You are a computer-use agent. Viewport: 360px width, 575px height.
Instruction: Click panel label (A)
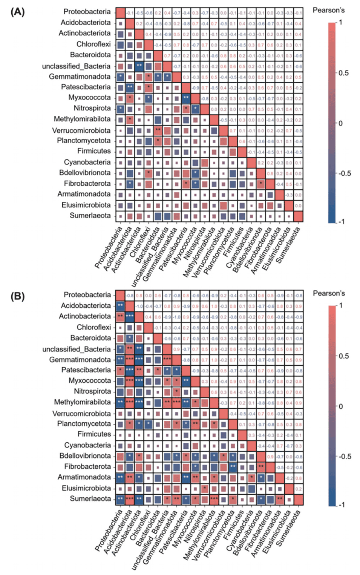(x=18, y=12)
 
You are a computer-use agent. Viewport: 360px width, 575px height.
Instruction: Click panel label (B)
(x=18, y=296)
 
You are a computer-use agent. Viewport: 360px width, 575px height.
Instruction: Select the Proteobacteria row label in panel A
(x=87, y=12)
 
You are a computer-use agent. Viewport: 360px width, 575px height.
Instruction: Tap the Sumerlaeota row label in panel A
(x=90, y=216)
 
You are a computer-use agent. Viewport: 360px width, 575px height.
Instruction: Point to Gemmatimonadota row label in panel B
(x=80, y=359)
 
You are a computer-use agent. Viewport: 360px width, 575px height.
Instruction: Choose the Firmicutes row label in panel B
(x=94, y=434)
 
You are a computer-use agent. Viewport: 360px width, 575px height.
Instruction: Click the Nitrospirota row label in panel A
(x=92, y=108)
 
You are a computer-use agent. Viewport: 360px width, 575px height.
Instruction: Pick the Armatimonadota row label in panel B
(x=84, y=477)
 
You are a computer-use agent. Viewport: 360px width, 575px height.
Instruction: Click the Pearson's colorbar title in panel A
(x=328, y=10)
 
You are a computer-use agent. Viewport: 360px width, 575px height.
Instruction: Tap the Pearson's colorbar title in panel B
(x=329, y=293)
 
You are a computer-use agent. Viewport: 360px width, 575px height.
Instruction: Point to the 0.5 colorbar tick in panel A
(x=343, y=73)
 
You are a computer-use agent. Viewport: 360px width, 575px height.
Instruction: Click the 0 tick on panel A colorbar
(x=340, y=123)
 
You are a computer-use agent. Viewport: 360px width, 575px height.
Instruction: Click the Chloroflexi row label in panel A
(x=93, y=44)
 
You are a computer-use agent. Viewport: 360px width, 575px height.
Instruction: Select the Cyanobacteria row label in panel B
(x=87, y=445)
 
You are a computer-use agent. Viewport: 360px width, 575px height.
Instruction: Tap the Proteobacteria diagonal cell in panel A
(x=120, y=12)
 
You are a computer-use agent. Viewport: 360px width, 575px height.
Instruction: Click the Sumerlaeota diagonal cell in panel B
(x=298, y=500)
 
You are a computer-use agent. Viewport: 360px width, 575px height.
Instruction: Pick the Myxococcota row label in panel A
(x=89, y=97)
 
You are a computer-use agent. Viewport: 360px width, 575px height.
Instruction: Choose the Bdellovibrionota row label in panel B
(x=85, y=455)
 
